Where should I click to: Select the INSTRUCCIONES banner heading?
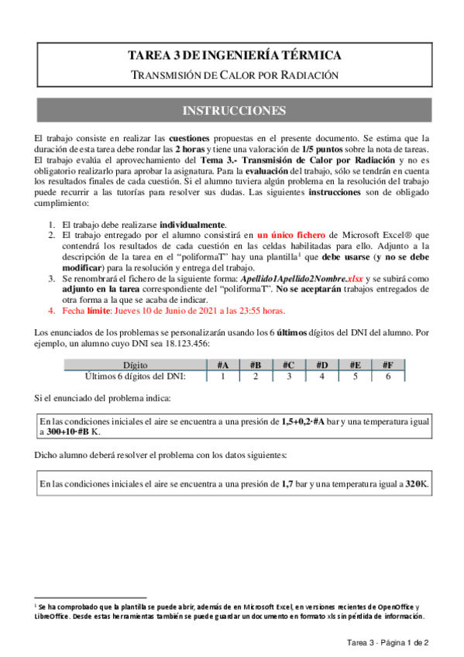(x=233, y=111)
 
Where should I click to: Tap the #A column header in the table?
(x=222, y=365)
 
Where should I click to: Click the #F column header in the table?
(x=388, y=365)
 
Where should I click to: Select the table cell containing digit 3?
(x=289, y=377)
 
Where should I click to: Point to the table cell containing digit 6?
(x=388, y=377)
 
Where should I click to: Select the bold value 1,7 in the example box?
(x=288, y=483)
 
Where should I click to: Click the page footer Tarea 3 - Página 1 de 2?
(x=387, y=643)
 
